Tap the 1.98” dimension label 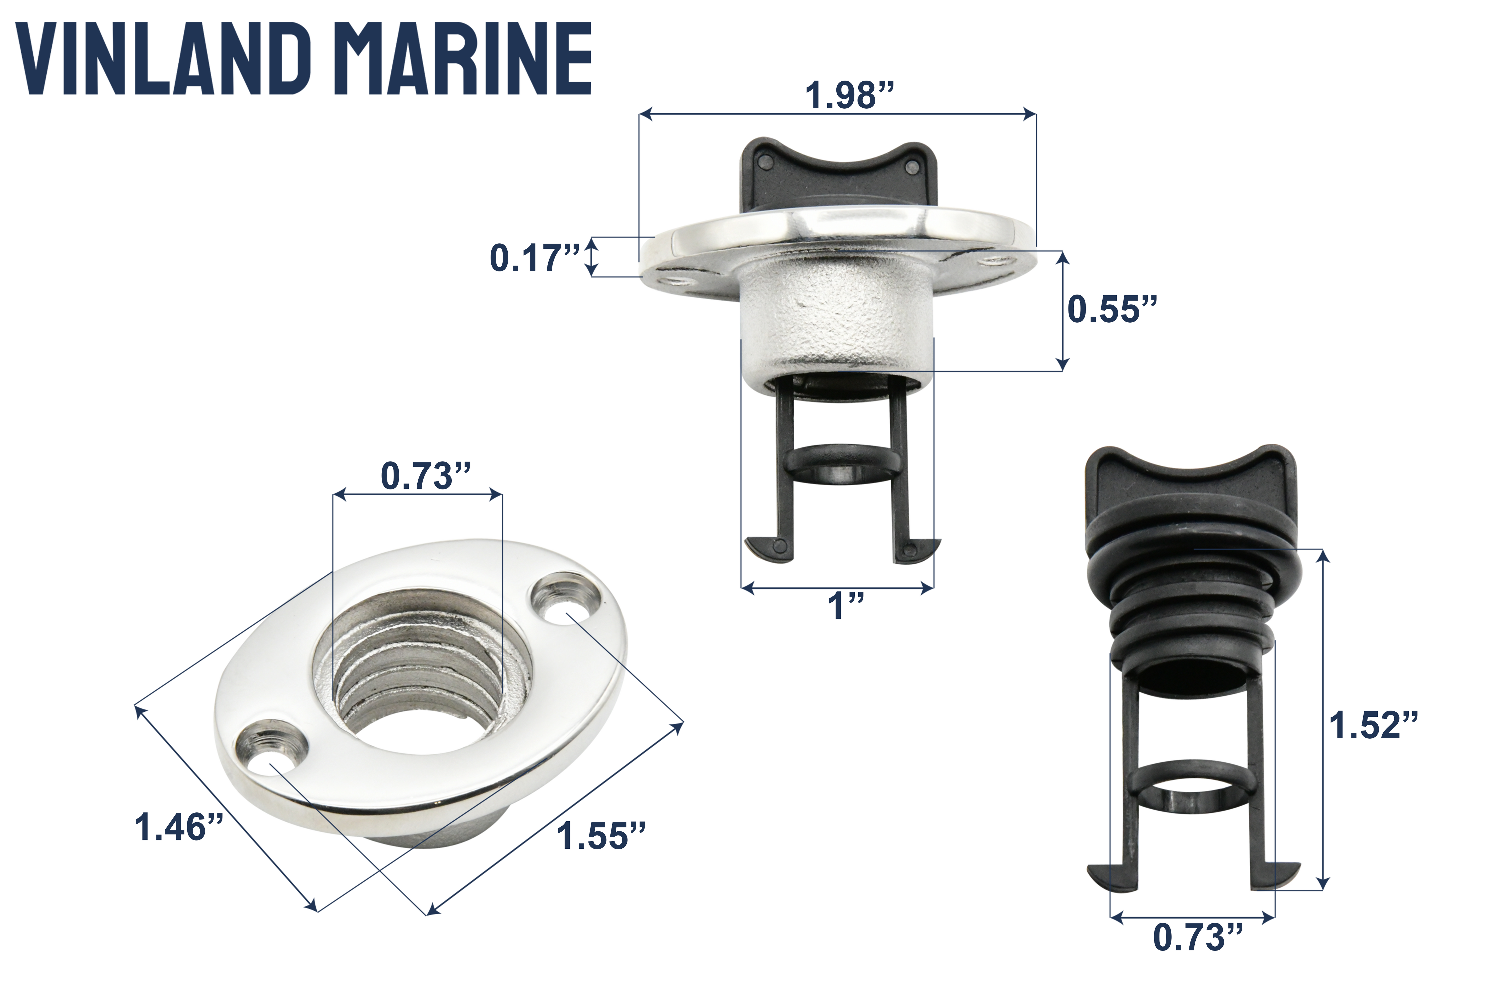[x=849, y=95]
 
